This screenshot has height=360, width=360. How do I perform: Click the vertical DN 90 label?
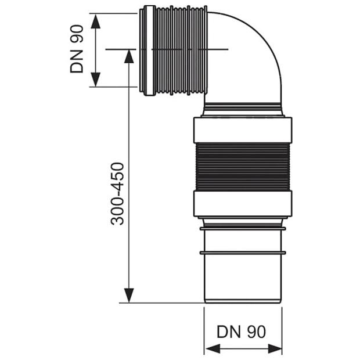77,49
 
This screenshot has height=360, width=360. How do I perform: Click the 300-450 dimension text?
117,193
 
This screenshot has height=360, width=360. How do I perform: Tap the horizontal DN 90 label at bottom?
242,332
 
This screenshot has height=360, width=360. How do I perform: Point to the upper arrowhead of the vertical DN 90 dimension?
95,21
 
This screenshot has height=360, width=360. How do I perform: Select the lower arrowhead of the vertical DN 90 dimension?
95,80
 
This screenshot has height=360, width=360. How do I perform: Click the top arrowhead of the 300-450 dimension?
129,56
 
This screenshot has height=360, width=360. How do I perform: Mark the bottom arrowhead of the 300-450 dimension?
129,296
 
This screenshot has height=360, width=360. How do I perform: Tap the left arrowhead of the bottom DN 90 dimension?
213,348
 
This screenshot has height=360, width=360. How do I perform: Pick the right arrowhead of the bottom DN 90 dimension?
275,348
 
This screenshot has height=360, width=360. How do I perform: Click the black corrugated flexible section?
243,167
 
